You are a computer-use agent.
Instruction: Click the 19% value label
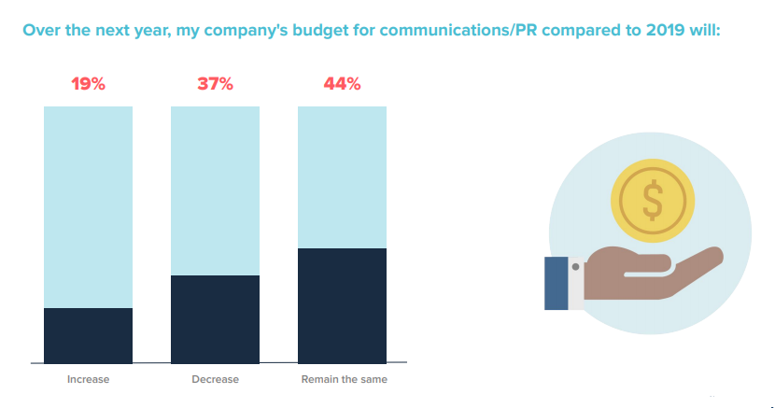89,84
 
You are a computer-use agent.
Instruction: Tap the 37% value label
215,84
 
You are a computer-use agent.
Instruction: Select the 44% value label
342,84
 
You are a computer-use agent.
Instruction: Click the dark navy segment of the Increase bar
89,334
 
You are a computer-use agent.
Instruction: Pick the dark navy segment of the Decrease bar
215,318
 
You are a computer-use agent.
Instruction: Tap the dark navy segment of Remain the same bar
342,304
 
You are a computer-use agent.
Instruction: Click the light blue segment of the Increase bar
89,206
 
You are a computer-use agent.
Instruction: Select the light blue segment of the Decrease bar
215,190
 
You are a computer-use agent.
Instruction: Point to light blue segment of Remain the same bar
342,176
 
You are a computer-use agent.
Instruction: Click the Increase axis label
89,380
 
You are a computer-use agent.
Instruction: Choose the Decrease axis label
215,380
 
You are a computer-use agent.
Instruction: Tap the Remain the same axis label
344,380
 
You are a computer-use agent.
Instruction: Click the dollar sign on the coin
653,199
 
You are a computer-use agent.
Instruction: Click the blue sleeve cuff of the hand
557,283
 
